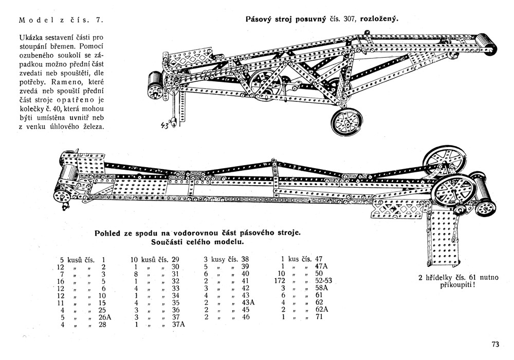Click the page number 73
[x=495, y=344]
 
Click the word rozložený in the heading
[x=379, y=19]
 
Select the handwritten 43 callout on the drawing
[x=164, y=125]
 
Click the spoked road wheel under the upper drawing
[x=347, y=122]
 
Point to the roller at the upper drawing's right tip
[x=487, y=43]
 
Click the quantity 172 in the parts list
[x=280, y=281]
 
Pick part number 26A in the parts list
[x=105, y=317]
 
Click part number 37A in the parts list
[x=179, y=325]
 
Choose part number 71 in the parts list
[x=319, y=317]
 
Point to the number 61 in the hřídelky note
[x=474, y=277]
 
